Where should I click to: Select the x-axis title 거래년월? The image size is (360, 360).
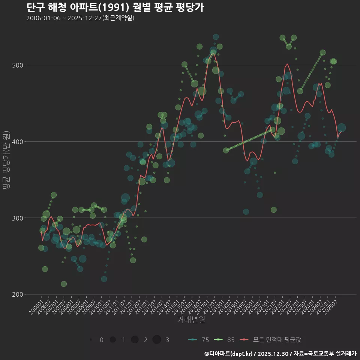pos(191,320)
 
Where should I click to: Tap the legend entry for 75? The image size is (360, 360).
pos(199,340)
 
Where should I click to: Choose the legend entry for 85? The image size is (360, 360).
pos(225,340)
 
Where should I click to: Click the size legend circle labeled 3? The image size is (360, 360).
pos(157,340)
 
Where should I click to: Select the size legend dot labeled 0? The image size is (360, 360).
pos(91,340)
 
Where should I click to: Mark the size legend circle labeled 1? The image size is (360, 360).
pos(112,340)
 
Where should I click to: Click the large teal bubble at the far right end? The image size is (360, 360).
pos(342,128)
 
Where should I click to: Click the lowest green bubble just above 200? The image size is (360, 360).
pos(64,284)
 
